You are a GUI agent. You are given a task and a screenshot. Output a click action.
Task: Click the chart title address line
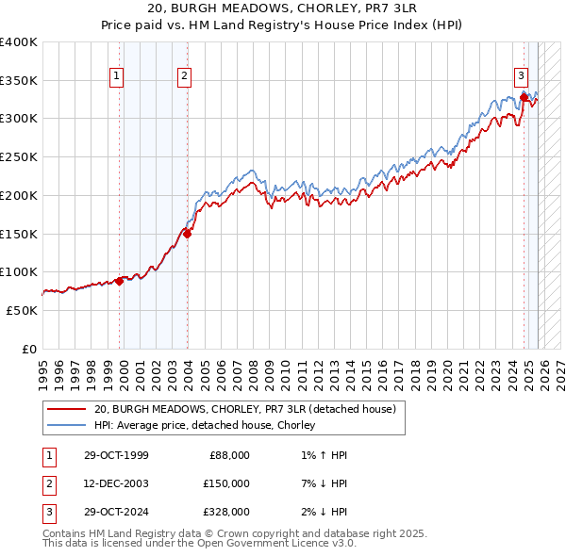pyautogui.click(x=283, y=8)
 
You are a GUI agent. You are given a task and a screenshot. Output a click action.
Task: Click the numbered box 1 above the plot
pyautogui.click(x=116, y=76)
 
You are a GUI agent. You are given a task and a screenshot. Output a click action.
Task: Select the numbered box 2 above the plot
pyautogui.click(x=184, y=76)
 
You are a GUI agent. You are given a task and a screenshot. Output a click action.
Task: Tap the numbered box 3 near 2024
pyautogui.click(x=521, y=76)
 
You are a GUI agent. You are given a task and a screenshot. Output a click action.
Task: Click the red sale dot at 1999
pyautogui.click(x=120, y=281)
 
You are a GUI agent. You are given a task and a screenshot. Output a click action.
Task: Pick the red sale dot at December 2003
pyautogui.click(x=187, y=234)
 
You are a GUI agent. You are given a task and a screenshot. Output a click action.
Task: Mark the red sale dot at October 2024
pyautogui.click(x=524, y=96)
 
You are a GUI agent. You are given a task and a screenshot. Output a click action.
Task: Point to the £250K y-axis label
pyautogui.click(x=19, y=157)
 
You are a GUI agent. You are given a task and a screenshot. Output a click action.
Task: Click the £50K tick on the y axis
pyautogui.click(x=23, y=310)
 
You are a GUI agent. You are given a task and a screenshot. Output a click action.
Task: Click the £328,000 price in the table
pyautogui.click(x=226, y=512)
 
